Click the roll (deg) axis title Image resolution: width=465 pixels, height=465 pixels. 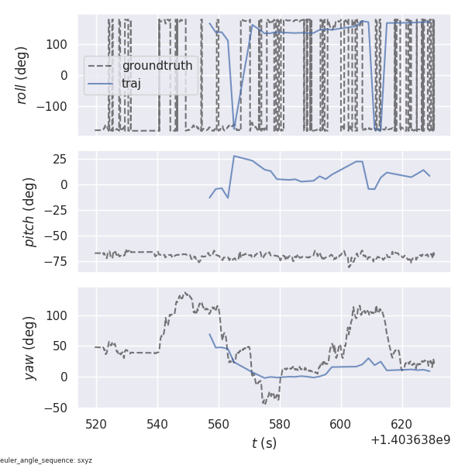coord(22,75)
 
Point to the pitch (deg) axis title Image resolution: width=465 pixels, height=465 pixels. coord(30,212)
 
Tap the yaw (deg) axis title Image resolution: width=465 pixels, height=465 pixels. coord(30,348)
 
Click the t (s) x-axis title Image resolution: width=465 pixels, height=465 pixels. coord(263,443)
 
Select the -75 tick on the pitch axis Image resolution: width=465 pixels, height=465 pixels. coord(60,261)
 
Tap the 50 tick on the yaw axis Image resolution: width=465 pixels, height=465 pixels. coord(63,346)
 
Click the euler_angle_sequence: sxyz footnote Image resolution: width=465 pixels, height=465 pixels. coord(46,460)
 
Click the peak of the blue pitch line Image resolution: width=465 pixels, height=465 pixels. coord(234,156)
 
